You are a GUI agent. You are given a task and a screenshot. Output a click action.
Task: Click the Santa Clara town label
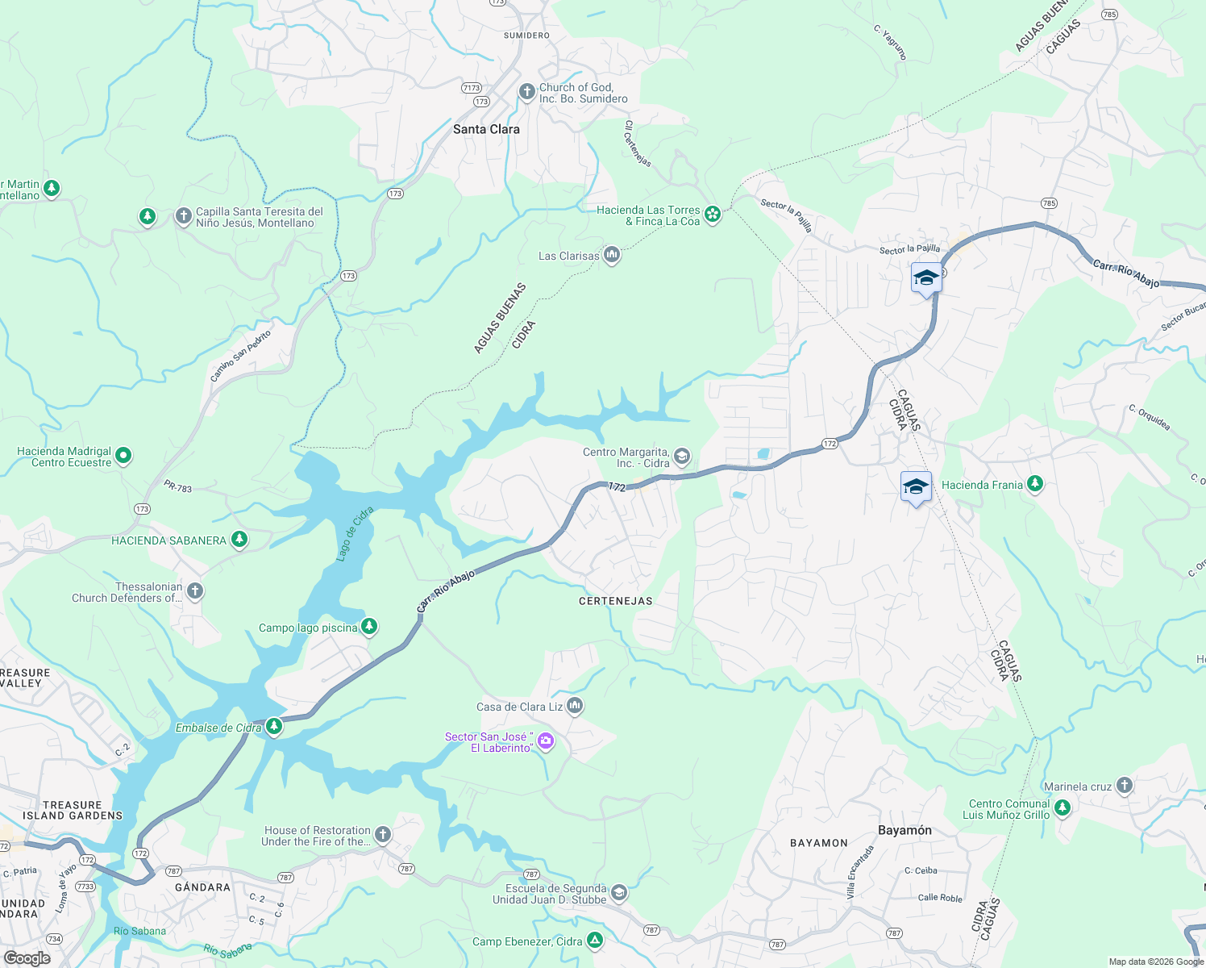(486, 129)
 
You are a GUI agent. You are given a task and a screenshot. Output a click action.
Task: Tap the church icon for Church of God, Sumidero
(527, 92)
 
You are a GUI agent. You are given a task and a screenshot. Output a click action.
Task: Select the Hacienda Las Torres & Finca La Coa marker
(713, 214)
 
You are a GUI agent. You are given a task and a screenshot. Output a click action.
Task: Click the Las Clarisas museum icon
(612, 256)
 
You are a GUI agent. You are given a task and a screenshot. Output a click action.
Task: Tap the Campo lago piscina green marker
(369, 626)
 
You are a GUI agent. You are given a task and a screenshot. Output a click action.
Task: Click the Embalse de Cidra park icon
(274, 727)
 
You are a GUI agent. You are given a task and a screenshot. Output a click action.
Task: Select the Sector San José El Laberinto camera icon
(546, 741)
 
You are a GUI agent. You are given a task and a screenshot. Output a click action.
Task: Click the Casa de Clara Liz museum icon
(575, 706)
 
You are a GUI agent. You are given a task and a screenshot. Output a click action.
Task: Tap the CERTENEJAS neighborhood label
(616, 601)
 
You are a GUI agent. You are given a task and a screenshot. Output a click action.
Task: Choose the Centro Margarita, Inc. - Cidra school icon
(682, 457)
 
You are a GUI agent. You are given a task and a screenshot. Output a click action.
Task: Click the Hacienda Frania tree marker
(1035, 484)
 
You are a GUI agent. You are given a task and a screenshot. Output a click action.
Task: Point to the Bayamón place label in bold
(904, 830)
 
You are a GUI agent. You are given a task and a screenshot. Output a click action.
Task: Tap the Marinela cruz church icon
(1125, 785)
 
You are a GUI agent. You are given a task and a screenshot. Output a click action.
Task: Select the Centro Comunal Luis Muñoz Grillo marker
(1063, 807)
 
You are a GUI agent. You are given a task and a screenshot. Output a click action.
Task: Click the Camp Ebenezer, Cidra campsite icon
(595, 940)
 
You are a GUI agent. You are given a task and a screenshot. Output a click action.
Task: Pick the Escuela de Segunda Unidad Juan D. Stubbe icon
(619, 892)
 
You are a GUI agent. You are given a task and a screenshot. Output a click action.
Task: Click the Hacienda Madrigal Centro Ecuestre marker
(123, 456)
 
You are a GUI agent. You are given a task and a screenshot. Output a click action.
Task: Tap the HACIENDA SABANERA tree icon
(239, 539)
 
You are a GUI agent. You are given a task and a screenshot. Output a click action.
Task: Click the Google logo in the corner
(27, 958)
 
